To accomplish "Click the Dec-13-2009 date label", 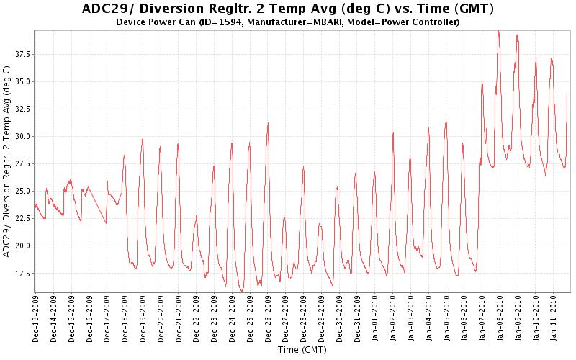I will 36,316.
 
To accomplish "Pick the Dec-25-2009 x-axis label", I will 250,316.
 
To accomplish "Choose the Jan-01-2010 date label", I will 375,316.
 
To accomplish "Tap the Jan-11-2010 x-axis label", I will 554,316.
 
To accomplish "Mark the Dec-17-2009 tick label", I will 107,316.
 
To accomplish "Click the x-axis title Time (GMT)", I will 302,350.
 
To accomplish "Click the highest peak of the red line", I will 498,31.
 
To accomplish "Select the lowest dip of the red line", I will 243,291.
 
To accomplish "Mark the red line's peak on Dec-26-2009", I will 268,123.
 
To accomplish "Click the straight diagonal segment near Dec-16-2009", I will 97,205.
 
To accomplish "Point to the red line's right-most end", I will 567,94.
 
